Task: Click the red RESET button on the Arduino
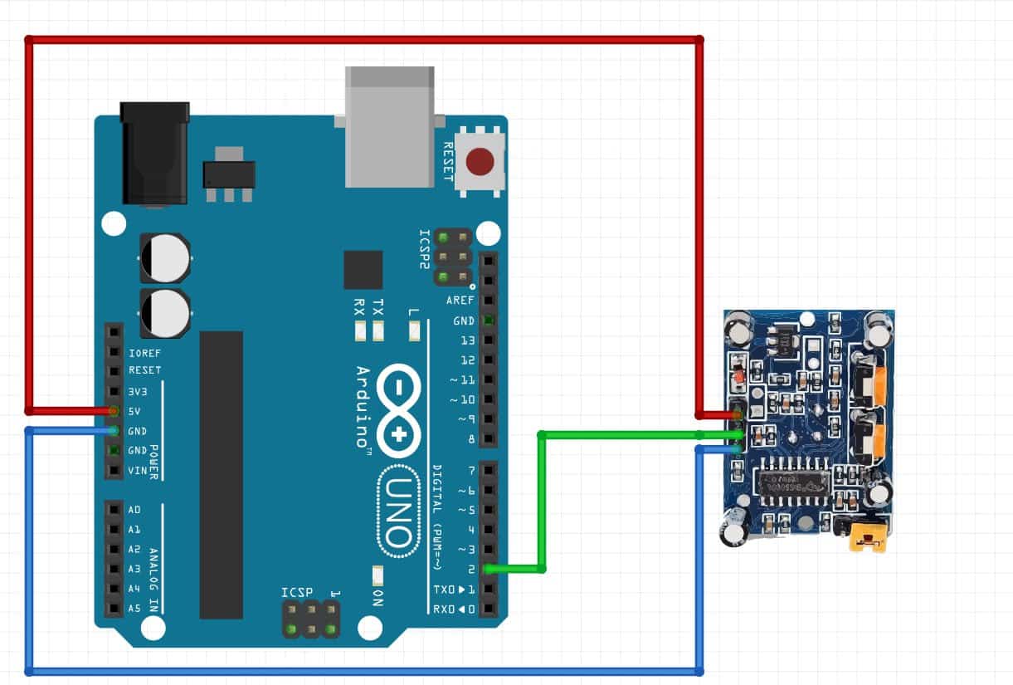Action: pos(479,161)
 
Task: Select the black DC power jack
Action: pos(154,153)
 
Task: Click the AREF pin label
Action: pos(460,301)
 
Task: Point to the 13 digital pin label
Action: pos(467,340)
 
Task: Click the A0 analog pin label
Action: pos(134,509)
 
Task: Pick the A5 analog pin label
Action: pos(134,608)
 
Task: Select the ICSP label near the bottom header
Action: pos(297,593)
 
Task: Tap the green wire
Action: pos(541,498)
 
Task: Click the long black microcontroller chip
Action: pos(222,474)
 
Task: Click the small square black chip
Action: pos(363,270)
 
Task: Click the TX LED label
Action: pos(378,306)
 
